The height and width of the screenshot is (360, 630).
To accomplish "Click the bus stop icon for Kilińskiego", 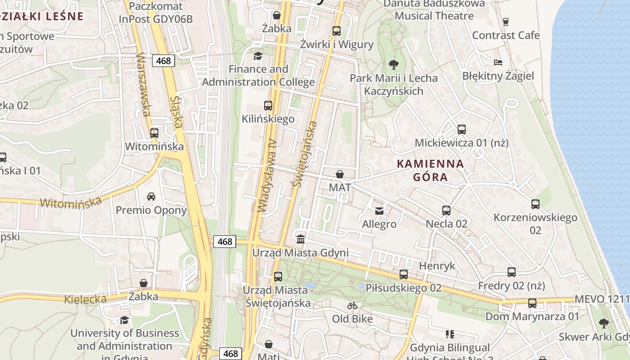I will [x=268, y=106].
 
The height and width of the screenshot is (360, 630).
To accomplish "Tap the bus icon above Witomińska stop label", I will [x=154, y=133].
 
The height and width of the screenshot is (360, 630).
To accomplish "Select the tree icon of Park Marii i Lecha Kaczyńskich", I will [x=394, y=65].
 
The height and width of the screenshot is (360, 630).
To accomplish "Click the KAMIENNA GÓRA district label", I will [x=430, y=170].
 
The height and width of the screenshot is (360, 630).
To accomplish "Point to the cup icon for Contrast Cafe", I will [x=506, y=22].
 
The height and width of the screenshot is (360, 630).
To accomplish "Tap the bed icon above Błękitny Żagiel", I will [x=498, y=63].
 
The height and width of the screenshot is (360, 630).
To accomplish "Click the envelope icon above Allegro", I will [x=379, y=211].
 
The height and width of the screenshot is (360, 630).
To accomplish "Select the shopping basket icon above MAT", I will [x=340, y=174].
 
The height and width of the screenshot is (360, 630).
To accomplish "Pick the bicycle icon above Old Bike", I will [x=352, y=306].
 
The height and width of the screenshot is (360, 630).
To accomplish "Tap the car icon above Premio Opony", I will [x=151, y=197].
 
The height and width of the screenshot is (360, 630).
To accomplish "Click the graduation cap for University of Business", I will [x=125, y=320].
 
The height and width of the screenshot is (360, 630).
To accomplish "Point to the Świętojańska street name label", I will [x=305, y=154].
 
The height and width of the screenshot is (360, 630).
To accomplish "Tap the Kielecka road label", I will [x=85, y=299].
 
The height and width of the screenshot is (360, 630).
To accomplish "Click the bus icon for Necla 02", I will [x=446, y=210].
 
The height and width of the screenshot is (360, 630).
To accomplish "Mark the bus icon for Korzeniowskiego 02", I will [x=535, y=204].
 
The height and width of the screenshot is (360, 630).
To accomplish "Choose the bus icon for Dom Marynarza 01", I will [x=532, y=303].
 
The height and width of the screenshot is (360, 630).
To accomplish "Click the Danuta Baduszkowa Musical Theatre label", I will [x=434, y=9].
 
